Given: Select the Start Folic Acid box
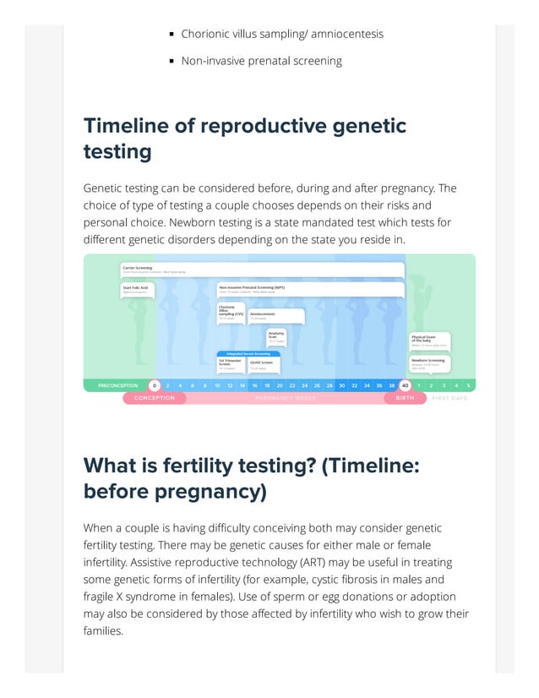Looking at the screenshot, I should tap(137, 288).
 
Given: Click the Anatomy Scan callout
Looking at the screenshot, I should tap(276, 335).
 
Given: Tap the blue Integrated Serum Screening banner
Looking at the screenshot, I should tap(248, 353).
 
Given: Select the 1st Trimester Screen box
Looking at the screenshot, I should tap(230, 364).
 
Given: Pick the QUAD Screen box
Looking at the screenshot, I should tap(264, 364).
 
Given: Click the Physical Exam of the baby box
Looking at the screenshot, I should tap(429, 340).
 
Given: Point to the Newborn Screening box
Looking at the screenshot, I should tap(429, 363).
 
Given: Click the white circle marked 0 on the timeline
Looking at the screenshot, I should tap(155, 385).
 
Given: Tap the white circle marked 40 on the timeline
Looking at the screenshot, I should tap(405, 385).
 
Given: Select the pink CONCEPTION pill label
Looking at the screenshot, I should tap(155, 398).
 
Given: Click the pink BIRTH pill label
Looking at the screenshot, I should tap(406, 398).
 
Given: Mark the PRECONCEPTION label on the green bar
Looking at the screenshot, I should tap(117, 385).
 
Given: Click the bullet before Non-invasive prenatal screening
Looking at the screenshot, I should tap(171, 61).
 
